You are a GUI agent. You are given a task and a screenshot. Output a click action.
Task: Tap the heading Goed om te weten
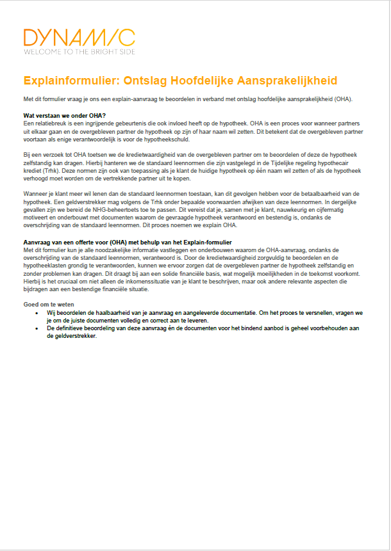[x=48, y=304]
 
